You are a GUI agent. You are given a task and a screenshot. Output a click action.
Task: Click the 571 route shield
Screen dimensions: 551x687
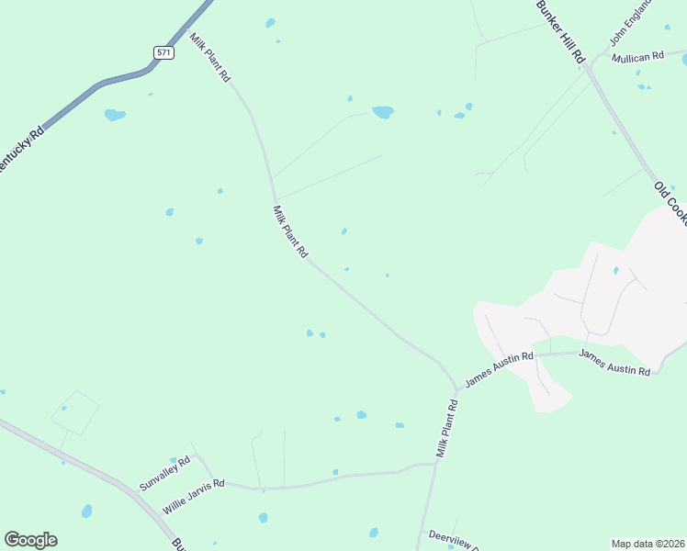pyautogui.click(x=164, y=52)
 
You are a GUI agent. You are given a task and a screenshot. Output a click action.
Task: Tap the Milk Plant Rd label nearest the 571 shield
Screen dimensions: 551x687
pyautogui.click(x=210, y=57)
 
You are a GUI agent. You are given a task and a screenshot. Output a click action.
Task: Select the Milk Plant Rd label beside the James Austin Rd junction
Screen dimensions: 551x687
pyautogui.click(x=446, y=429)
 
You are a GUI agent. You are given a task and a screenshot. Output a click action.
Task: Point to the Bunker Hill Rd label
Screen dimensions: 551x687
pyautogui.click(x=560, y=30)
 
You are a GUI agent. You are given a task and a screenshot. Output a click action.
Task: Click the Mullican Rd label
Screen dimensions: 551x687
pyautogui.click(x=638, y=57)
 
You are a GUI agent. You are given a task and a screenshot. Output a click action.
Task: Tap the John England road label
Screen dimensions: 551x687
pyautogui.click(x=631, y=23)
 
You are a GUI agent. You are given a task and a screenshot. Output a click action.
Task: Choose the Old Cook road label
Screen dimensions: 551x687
pyautogui.click(x=670, y=197)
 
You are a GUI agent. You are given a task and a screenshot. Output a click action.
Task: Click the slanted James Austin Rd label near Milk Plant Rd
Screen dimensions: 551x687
pyautogui.click(x=499, y=367)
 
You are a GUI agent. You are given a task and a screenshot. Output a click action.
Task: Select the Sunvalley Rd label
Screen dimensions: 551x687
pyautogui.click(x=164, y=473)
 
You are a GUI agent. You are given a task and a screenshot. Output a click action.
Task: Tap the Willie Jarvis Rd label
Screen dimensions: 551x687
pyautogui.click(x=193, y=496)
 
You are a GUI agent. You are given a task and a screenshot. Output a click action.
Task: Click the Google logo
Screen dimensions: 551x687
pyautogui.click(x=30, y=540)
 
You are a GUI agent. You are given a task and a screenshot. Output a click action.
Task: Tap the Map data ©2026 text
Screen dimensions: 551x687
pyautogui.click(x=648, y=543)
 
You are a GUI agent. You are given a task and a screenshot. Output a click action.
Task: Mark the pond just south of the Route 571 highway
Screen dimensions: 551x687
pyautogui.click(x=115, y=115)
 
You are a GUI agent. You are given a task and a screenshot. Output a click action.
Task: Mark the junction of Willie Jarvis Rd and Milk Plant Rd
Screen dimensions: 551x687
pyautogui.click(x=435, y=464)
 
